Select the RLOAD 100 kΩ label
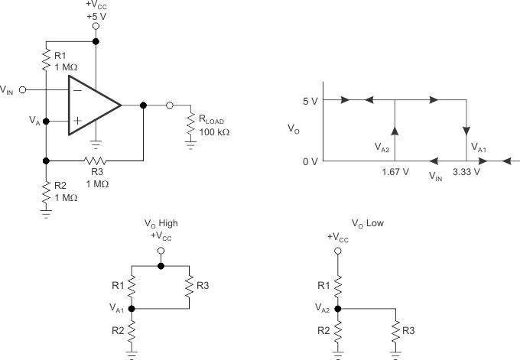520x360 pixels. pyautogui.click(x=213, y=126)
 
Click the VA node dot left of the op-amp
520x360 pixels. pyautogui.click(x=46, y=121)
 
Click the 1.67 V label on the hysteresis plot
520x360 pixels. pyautogui.click(x=395, y=172)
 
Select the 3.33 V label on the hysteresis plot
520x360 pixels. pyautogui.click(x=466, y=172)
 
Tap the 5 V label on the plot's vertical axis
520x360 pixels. pyautogui.click(x=310, y=100)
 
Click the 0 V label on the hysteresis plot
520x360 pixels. pyautogui.click(x=310, y=161)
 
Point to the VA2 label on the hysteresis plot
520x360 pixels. pyautogui.click(x=382, y=145)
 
